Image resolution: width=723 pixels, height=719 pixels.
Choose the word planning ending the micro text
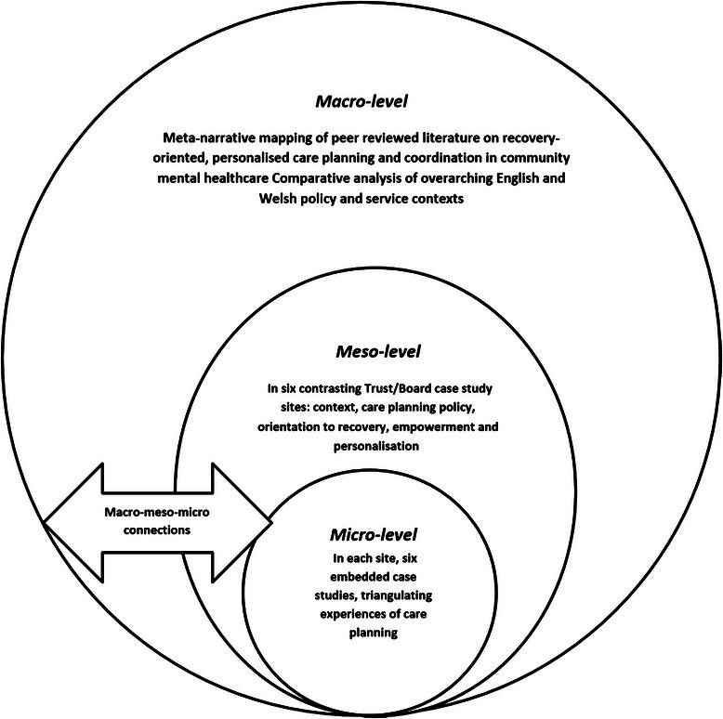click(x=375, y=633)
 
